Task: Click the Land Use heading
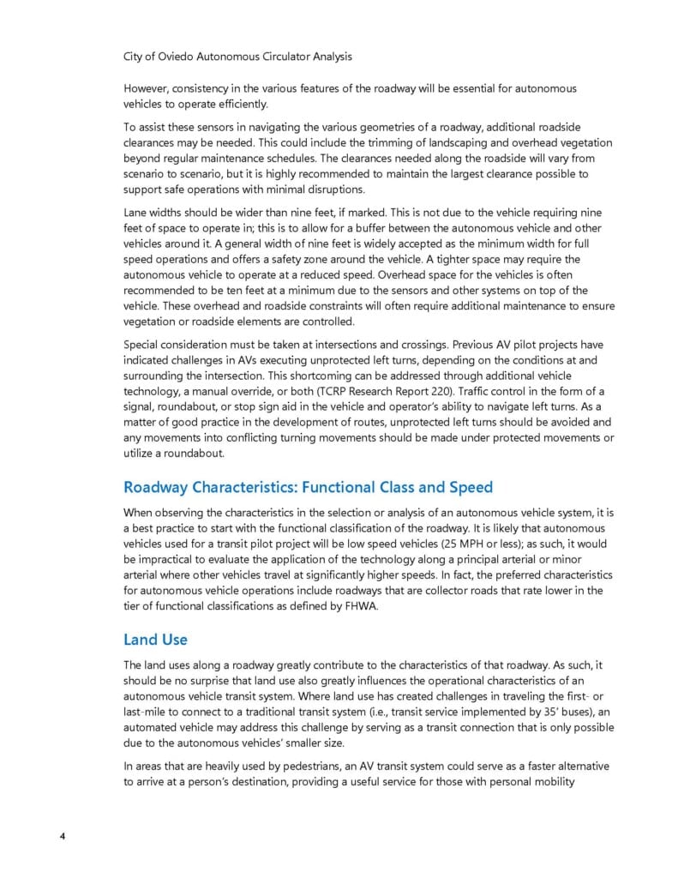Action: (155, 639)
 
